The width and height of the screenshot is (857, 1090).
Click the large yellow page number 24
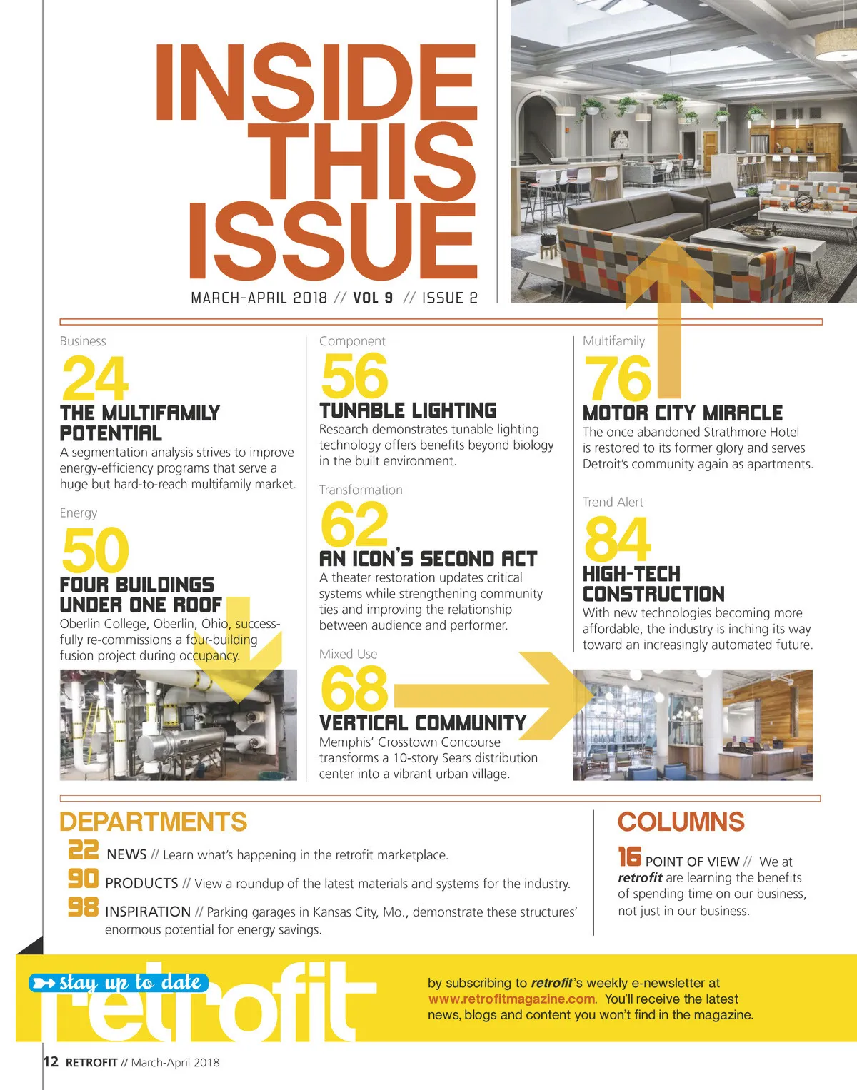point(95,378)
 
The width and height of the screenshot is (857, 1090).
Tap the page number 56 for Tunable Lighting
point(354,376)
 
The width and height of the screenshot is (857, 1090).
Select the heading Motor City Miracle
point(682,413)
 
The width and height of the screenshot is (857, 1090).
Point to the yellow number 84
point(617,540)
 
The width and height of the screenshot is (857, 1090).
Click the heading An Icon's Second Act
point(428,558)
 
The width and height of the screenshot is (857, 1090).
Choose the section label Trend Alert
point(613,502)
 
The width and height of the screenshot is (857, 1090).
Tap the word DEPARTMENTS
point(153,822)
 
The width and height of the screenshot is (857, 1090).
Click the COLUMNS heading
point(681,822)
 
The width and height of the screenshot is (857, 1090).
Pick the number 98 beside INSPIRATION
point(83,907)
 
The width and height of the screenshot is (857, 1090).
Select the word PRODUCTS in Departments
point(141,883)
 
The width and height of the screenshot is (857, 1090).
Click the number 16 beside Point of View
point(629,857)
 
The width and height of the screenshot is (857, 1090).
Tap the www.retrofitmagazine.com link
point(511,999)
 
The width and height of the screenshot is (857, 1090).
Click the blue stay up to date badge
point(119,983)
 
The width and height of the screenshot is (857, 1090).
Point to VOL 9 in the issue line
point(373,298)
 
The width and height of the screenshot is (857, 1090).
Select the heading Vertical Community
point(422,722)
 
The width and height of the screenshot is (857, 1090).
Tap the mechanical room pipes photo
point(178,724)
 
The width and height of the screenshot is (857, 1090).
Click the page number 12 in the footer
point(51,1061)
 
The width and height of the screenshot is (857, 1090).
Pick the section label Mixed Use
point(348,654)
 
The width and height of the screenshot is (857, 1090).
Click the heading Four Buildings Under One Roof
point(141,595)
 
